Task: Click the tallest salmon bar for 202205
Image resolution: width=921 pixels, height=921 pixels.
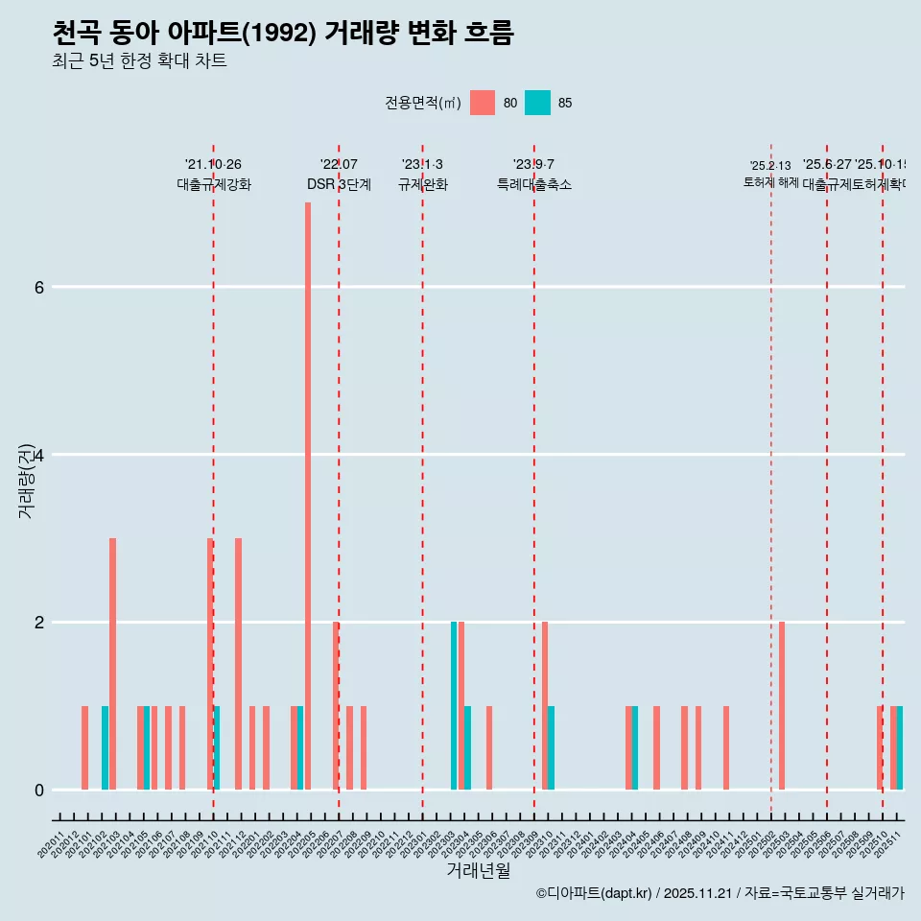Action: (x=308, y=495)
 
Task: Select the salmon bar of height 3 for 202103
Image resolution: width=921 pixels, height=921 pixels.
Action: (x=112, y=664)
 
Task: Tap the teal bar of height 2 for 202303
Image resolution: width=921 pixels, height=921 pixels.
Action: (x=454, y=705)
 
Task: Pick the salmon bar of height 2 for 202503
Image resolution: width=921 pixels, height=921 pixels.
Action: (x=782, y=705)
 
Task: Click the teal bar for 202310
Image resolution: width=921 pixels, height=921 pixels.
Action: (x=551, y=747)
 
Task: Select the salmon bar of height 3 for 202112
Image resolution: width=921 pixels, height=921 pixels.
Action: (x=238, y=664)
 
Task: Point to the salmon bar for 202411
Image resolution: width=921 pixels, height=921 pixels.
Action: (x=726, y=747)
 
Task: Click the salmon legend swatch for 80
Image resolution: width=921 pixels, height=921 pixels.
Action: (x=483, y=103)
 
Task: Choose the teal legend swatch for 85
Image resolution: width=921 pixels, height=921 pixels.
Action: (x=538, y=103)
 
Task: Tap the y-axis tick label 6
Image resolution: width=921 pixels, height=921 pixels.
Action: (x=39, y=287)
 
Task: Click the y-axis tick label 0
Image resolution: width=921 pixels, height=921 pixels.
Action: (x=39, y=790)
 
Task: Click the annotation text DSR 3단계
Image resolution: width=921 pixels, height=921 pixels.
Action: (x=339, y=184)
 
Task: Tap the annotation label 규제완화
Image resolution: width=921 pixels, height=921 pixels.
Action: (x=422, y=184)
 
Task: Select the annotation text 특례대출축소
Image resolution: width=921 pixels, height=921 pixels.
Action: (x=533, y=184)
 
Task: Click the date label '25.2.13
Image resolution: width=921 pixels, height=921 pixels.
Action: (x=770, y=166)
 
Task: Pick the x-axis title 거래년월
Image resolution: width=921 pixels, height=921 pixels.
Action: (x=478, y=870)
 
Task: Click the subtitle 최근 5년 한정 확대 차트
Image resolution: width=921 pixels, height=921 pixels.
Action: (x=139, y=61)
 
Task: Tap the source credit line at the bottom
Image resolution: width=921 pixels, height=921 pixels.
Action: (x=720, y=893)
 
